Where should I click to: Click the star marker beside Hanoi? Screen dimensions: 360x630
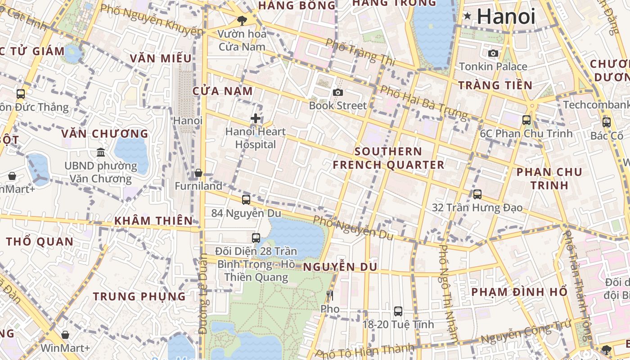pyautogui.click(x=468, y=16)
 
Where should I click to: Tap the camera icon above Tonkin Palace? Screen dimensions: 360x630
pyautogui.click(x=493, y=53)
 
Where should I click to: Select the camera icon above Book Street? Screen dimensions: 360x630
pyautogui.click(x=338, y=92)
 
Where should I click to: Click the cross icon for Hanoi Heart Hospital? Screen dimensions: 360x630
pyautogui.click(x=256, y=118)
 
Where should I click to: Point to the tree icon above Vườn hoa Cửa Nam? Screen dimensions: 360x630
pyautogui.click(x=242, y=20)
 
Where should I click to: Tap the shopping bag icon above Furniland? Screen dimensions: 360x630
pyautogui.click(x=198, y=173)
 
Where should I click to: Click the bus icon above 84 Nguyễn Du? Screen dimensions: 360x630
pyautogui.click(x=246, y=200)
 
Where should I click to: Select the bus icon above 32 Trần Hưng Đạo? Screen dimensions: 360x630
pyautogui.click(x=477, y=194)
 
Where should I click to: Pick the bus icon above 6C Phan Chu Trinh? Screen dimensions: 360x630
pyautogui.click(x=526, y=120)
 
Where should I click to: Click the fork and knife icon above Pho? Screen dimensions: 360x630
pyautogui.click(x=330, y=296)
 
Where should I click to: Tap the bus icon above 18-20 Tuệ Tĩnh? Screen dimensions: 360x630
pyautogui.click(x=398, y=311)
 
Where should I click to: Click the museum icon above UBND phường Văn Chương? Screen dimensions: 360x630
pyautogui.click(x=101, y=152)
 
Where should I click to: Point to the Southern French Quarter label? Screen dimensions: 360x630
pyautogui.click(x=388, y=158)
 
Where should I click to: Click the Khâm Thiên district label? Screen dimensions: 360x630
pyautogui.click(x=153, y=220)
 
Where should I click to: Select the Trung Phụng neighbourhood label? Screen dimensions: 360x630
pyautogui.click(x=139, y=296)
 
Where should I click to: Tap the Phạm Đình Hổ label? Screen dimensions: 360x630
pyautogui.click(x=519, y=292)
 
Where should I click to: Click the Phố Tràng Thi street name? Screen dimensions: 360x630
pyautogui.click(x=360, y=52)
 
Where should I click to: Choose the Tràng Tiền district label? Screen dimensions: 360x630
pyautogui.click(x=495, y=85)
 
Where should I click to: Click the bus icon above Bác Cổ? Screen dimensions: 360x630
pyautogui.click(x=607, y=122)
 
